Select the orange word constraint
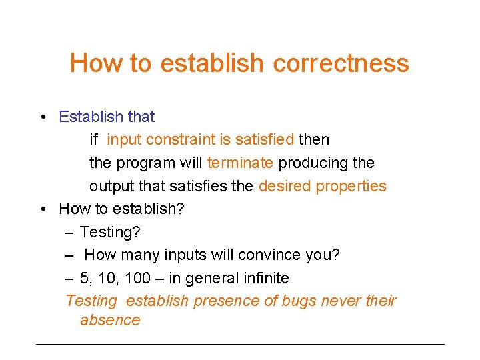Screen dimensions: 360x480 coord(176,140)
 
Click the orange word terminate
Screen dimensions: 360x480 coord(240,163)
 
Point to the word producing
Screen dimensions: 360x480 coord(311,163)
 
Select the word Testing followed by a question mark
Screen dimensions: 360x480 coord(109,232)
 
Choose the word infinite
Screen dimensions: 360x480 coord(263,278)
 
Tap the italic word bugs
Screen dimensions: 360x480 coord(299,301)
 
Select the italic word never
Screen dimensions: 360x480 coord(341,301)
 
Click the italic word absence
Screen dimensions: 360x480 coord(110,320)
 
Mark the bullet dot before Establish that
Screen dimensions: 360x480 coord(42,117)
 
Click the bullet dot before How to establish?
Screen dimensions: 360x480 coord(42,209)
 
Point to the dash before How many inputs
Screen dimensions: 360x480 coord(69,255)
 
